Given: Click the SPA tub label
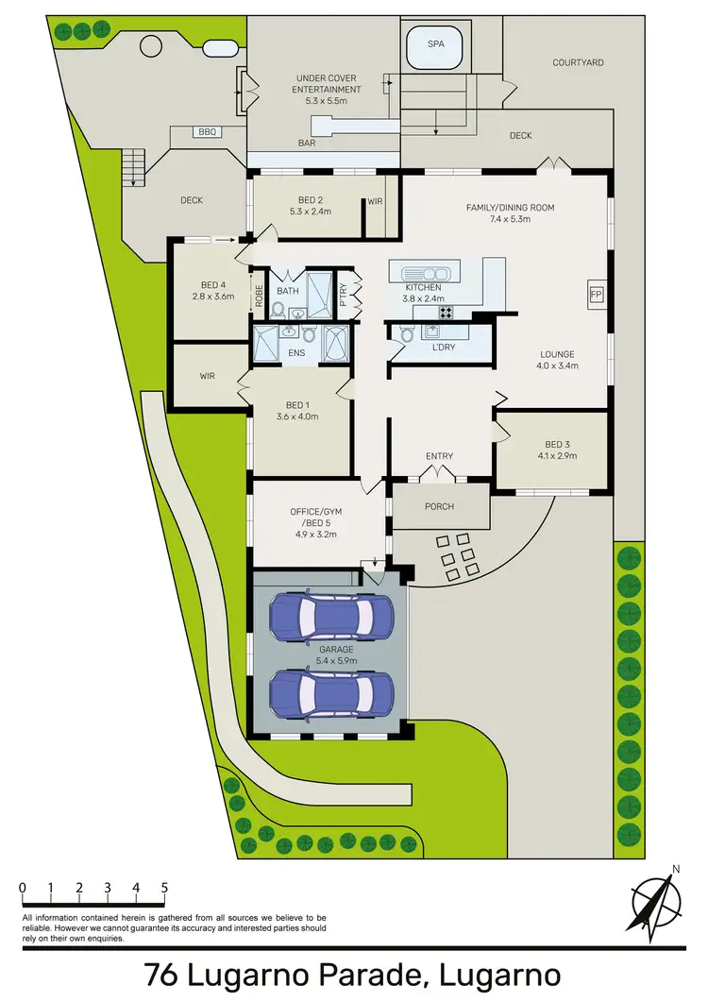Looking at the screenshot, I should click(435, 44).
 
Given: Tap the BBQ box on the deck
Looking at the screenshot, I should click(208, 132).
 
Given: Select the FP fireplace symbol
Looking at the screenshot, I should click(596, 295).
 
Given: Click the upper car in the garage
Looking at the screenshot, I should click(331, 617).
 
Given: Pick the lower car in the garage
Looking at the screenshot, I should click(331, 694).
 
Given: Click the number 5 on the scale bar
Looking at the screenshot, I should click(165, 888).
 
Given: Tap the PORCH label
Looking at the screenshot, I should click(439, 506).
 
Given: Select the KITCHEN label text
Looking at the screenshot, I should click(424, 287).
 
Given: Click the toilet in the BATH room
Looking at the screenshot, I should click(279, 308).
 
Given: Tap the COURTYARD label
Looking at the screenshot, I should click(578, 62).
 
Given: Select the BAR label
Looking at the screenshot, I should click(307, 144).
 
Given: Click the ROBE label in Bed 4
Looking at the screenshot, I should click(258, 297).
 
